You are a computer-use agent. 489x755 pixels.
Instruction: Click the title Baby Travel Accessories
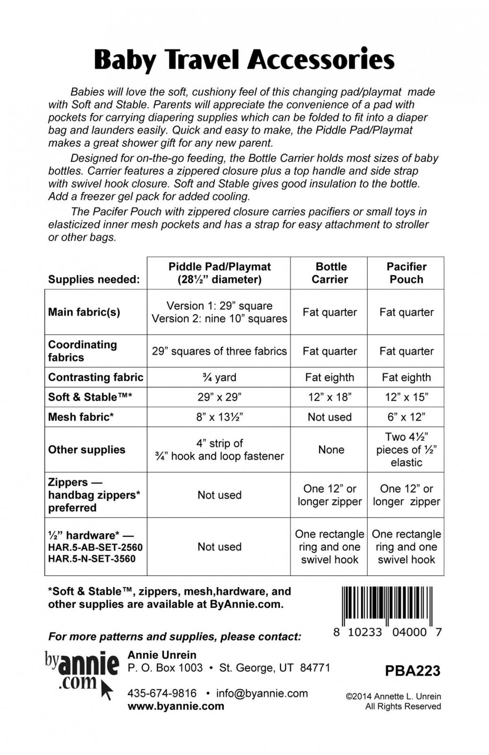click(x=244, y=60)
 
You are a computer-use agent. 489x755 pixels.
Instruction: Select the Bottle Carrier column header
click(x=330, y=273)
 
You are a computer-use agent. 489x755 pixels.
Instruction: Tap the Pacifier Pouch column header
click(x=406, y=273)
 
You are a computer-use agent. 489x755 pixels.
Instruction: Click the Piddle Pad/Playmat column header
click(x=219, y=273)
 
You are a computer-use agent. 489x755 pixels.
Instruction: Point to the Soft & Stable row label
click(x=90, y=397)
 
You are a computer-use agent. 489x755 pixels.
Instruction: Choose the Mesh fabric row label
click(x=81, y=417)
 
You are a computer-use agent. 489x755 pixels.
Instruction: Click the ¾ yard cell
click(x=219, y=377)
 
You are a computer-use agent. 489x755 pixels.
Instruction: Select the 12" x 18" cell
click(x=329, y=397)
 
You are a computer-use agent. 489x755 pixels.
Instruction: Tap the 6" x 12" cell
click(x=406, y=417)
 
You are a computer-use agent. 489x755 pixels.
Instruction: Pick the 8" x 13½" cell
click(x=219, y=417)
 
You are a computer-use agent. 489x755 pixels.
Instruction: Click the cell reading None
click(x=331, y=450)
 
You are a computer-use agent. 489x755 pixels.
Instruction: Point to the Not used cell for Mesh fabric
click(x=329, y=417)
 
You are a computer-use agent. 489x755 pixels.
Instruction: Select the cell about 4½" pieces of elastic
click(x=406, y=450)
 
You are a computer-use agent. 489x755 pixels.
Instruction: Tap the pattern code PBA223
click(x=412, y=671)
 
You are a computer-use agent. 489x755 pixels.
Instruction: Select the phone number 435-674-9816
click(x=162, y=693)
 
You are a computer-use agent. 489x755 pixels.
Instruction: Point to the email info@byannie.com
click(x=262, y=693)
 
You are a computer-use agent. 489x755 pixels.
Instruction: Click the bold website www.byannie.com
click(x=176, y=706)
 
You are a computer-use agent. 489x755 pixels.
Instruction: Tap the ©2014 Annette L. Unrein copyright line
click(x=393, y=696)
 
